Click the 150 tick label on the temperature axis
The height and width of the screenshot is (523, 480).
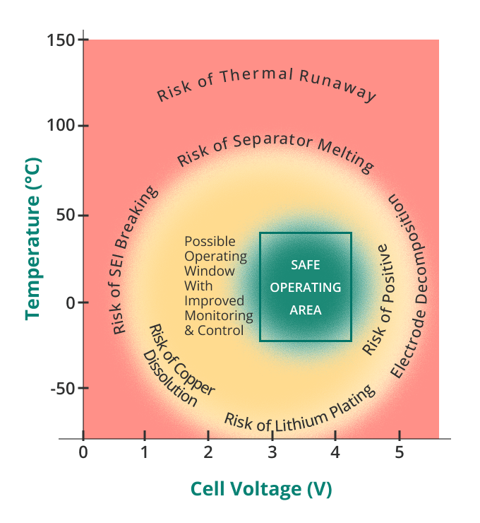[x=61, y=40]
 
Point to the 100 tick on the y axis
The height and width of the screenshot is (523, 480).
[x=62, y=126]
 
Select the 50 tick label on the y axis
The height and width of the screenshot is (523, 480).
[x=66, y=215]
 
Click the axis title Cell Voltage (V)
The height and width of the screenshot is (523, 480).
[x=261, y=489]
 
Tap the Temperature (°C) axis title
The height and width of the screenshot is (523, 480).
[x=32, y=239]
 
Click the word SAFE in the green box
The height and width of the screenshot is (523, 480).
[x=306, y=265]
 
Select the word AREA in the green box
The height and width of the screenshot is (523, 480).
[x=306, y=310]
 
